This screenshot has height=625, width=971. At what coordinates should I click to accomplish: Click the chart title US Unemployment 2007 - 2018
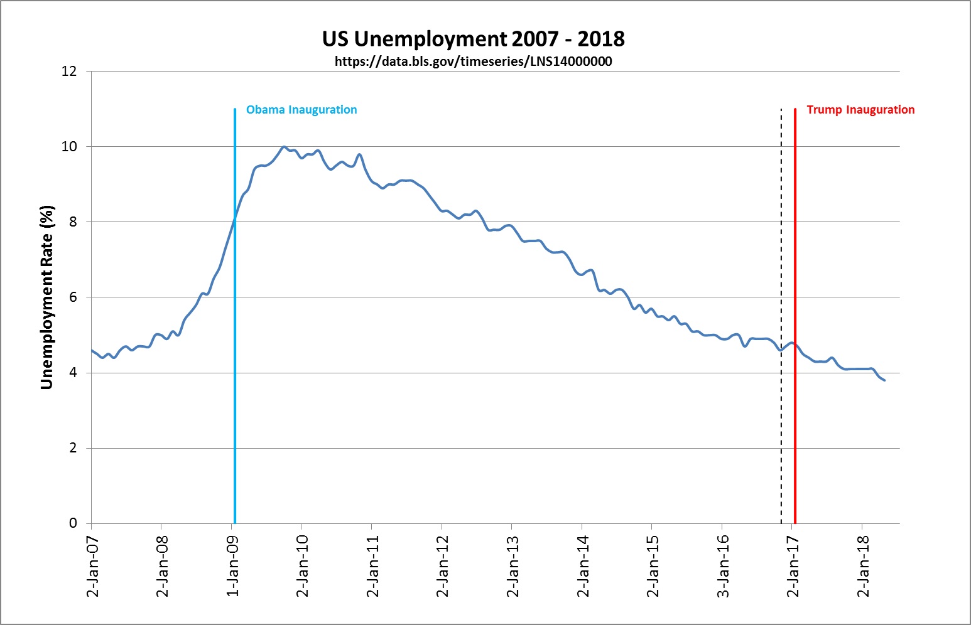coord(473,39)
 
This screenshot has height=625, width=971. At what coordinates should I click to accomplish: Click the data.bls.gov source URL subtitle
coord(473,61)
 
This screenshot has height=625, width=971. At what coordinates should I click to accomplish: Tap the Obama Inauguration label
coord(301,110)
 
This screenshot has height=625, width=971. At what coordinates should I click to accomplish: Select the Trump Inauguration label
coord(860,110)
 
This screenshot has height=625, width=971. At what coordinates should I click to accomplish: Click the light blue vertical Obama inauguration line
coord(234,377)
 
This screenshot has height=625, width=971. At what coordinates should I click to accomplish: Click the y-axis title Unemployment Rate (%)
coord(46,297)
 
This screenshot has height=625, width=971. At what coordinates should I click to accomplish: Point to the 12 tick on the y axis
coord(69,72)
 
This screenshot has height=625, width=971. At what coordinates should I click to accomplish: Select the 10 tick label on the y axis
coord(69,147)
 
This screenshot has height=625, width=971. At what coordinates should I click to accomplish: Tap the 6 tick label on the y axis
coord(73,297)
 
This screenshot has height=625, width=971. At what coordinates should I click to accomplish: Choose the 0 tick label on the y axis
coord(73,523)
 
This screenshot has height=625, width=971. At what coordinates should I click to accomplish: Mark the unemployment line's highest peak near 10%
coord(284,147)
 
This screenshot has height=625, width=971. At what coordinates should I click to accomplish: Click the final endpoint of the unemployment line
coord(884,380)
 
